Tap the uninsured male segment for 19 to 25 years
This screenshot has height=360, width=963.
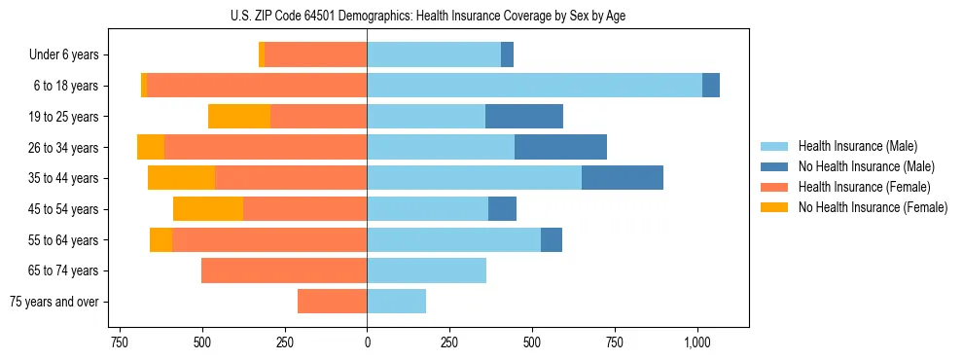pos(524,117)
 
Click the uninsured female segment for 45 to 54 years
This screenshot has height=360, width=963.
pos(208,209)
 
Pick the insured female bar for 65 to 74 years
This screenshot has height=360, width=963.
pos(284,270)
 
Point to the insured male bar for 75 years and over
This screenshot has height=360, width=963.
pos(396,302)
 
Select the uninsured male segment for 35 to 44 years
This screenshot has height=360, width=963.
pos(623,178)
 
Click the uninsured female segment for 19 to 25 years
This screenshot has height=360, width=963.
pos(239,117)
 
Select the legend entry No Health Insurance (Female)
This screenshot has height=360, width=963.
pos(873,207)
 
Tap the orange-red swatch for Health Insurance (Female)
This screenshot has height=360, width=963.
pos(774,187)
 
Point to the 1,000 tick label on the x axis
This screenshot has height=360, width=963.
pos(697,343)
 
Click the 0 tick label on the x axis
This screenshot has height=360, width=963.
pos(367,343)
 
